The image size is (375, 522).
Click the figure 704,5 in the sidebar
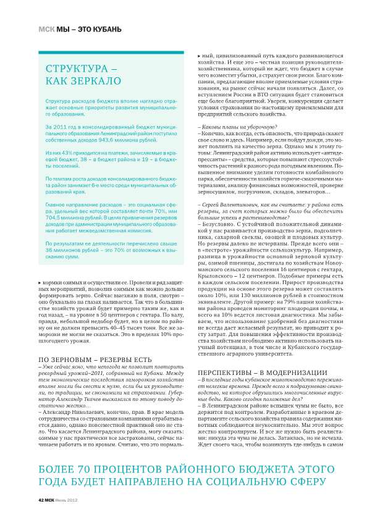point(56,201)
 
